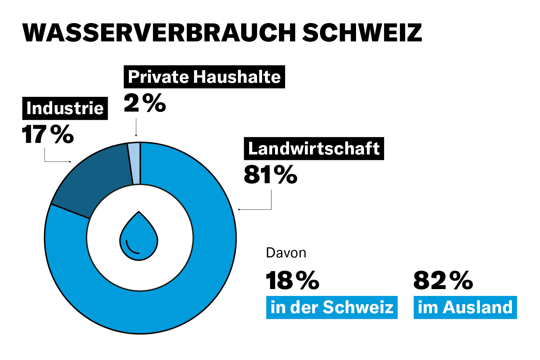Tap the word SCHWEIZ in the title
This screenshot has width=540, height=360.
(362, 33)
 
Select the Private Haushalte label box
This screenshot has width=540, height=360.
(204, 77)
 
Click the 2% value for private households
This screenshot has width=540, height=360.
(145, 103)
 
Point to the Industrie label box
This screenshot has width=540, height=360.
(65, 108)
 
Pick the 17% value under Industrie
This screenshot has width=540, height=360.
(48, 134)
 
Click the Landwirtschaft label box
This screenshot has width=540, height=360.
(314, 148)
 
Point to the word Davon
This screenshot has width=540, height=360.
(286, 253)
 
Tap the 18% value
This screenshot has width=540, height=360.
(292, 280)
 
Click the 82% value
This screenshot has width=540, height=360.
(443, 280)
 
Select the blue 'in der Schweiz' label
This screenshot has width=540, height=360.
(332, 307)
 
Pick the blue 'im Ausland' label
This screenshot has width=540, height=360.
(465, 307)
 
